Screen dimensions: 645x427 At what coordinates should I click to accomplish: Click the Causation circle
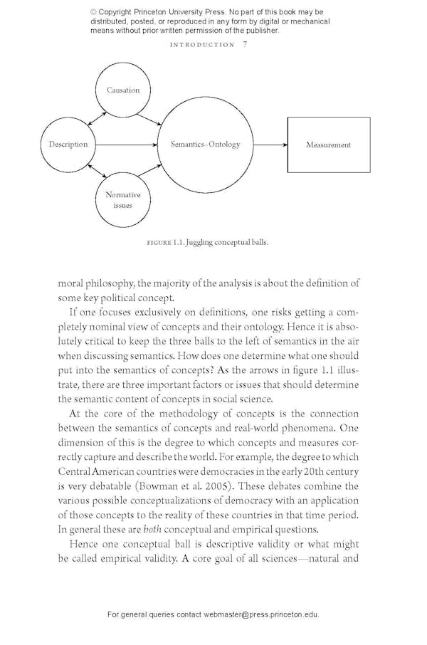coord(123,90)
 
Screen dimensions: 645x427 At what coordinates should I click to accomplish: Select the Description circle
coord(68,145)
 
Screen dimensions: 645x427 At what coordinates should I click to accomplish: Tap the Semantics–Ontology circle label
coord(205,145)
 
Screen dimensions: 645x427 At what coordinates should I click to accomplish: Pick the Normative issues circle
coord(123,200)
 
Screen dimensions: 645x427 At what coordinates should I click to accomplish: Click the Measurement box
coord(328,145)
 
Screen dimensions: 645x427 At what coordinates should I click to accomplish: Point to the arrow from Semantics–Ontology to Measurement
coord(270,145)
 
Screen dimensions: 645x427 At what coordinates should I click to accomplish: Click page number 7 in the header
coord(245,44)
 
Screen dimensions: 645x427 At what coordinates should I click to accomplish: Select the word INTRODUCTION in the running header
coord(203,44)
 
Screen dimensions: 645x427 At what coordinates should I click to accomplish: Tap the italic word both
coord(152,529)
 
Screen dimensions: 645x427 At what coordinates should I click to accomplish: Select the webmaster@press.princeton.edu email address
coord(261,614)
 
